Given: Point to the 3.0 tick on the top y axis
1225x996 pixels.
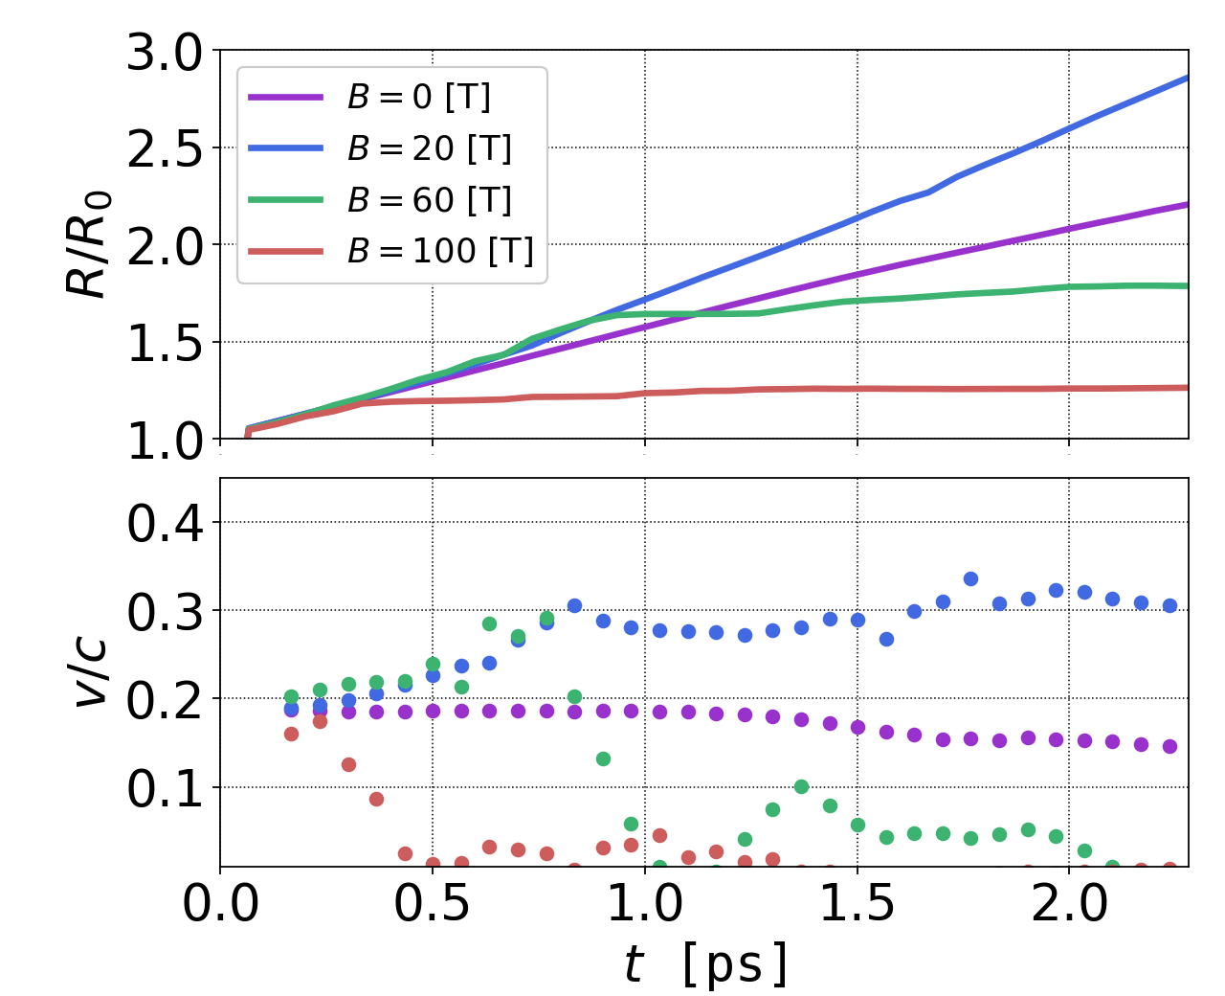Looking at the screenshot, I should click(x=165, y=52).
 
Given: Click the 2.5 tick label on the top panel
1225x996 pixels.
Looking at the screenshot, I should click(x=165, y=149).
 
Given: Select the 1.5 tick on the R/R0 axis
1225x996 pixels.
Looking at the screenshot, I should click(x=165, y=343).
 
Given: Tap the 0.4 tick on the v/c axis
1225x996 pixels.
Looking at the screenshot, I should click(x=165, y=523).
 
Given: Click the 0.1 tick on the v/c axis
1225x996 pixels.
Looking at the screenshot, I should click(x=165, y=789).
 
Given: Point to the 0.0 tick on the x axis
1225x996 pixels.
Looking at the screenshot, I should click(x=220, y=904).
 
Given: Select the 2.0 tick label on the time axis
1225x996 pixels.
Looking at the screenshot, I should click(x=1068, y=904).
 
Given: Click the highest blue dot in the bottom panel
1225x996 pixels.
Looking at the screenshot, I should click(x=970, y=578).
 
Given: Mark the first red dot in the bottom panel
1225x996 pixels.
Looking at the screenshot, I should click(x=291, y=734).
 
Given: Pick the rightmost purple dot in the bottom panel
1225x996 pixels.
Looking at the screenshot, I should click(x=1169, y=746).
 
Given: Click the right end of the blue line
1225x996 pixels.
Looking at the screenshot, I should click(x=1188, y=78).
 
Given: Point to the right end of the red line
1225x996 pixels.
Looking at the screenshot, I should click(x=1188, y=388).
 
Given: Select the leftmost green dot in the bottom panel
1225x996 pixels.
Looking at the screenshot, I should click(x=291, y=696).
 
